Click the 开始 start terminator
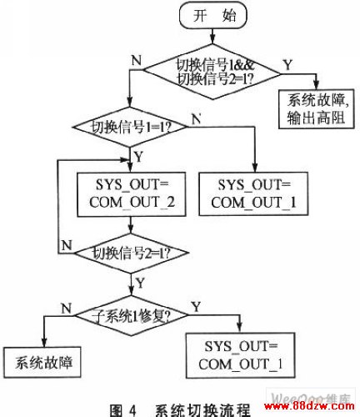point(213,16)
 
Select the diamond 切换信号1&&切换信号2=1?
point(212,72)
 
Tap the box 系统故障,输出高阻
point(317,108)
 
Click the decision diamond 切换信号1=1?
point(130,127)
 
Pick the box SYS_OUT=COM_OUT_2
point(132,194)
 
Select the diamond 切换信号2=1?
point(132,254)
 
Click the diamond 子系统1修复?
point(132,315)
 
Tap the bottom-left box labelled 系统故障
point(42,362)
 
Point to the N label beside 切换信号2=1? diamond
point(67,245)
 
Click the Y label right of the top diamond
point(288,65)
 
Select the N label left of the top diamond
point(137,60)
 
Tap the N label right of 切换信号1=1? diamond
point(197,119)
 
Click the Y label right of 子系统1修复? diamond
point(197,307)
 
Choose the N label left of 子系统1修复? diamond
point(67,309)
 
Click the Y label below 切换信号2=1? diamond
point(140,284)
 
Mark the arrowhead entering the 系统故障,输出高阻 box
point(316,85)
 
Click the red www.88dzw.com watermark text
point(309,406)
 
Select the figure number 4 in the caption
point(132,410)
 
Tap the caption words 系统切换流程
point(202,410)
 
